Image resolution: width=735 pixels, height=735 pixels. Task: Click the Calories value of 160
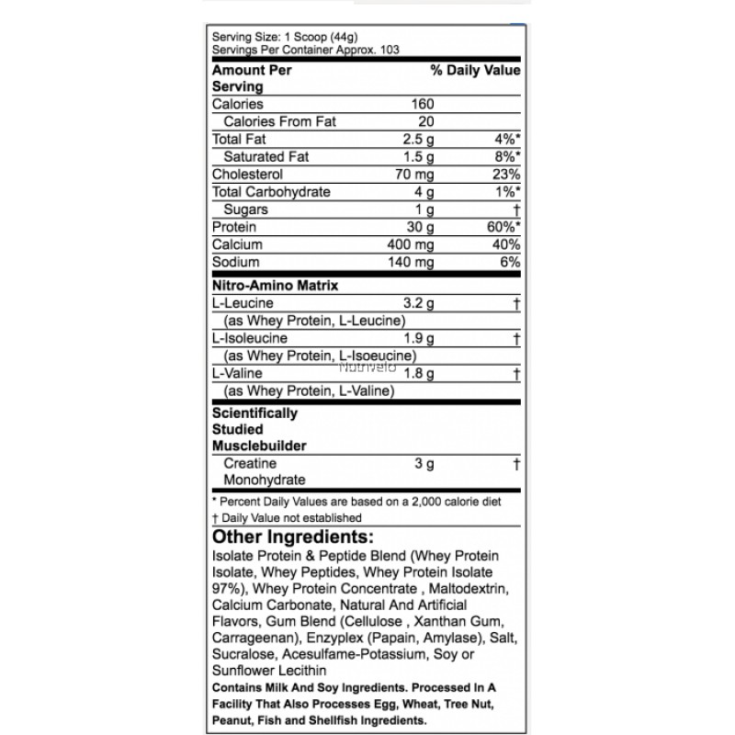coord(423,104)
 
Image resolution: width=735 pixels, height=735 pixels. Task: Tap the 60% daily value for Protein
coord(503,227)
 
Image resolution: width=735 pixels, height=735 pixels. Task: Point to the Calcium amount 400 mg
coord(412,245)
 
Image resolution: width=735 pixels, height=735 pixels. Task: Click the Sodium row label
coord(235,263)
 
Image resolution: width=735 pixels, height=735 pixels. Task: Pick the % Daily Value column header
coord(475,70)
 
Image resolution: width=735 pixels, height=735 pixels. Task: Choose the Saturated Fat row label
coord(266,157)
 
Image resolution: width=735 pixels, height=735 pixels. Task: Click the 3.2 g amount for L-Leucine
coord(419,303)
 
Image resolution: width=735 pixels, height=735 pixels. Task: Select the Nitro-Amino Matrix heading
coord(275,286)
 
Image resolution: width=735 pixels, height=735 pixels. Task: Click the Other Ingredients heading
coord(293,537)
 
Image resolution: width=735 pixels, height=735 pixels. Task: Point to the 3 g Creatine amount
coord(424,464)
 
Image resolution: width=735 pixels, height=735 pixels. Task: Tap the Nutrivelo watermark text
coord(367,366)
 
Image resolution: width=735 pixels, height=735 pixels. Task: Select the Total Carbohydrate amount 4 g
coord(424,192)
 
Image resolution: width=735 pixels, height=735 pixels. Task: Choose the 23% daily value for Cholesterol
coord(506,175)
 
